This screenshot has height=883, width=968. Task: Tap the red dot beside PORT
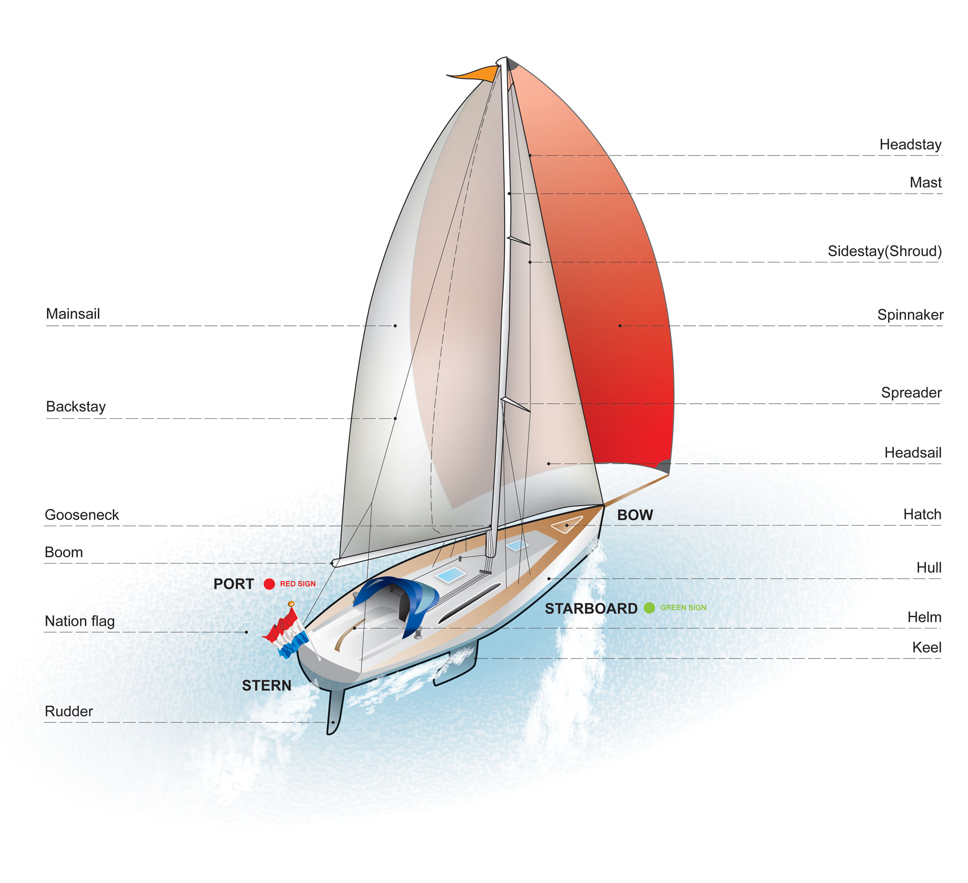[x=269, y=584]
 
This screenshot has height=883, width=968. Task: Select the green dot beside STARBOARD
[x=649, y=608]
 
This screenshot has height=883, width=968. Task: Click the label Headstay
[x=910, y=144]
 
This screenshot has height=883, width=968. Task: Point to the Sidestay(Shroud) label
[x=884, y=251]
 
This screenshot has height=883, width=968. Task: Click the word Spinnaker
[x=910, y=315]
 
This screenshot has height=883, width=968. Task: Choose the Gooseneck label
[x=82, y=515]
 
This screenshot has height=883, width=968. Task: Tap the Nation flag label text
[x=80, y=621]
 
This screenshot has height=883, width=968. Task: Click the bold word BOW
[x=635, y=515]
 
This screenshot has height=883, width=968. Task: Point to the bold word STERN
[x=267, y=685]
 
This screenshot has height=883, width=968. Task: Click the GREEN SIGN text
[x=683, y=608]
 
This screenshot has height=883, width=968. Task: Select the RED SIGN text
[x=298, y=584]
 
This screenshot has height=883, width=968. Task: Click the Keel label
[x=926, y=647]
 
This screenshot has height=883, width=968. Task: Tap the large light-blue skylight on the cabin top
[x=450, y=575]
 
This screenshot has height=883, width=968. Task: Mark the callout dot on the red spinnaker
[x=620, y=326]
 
